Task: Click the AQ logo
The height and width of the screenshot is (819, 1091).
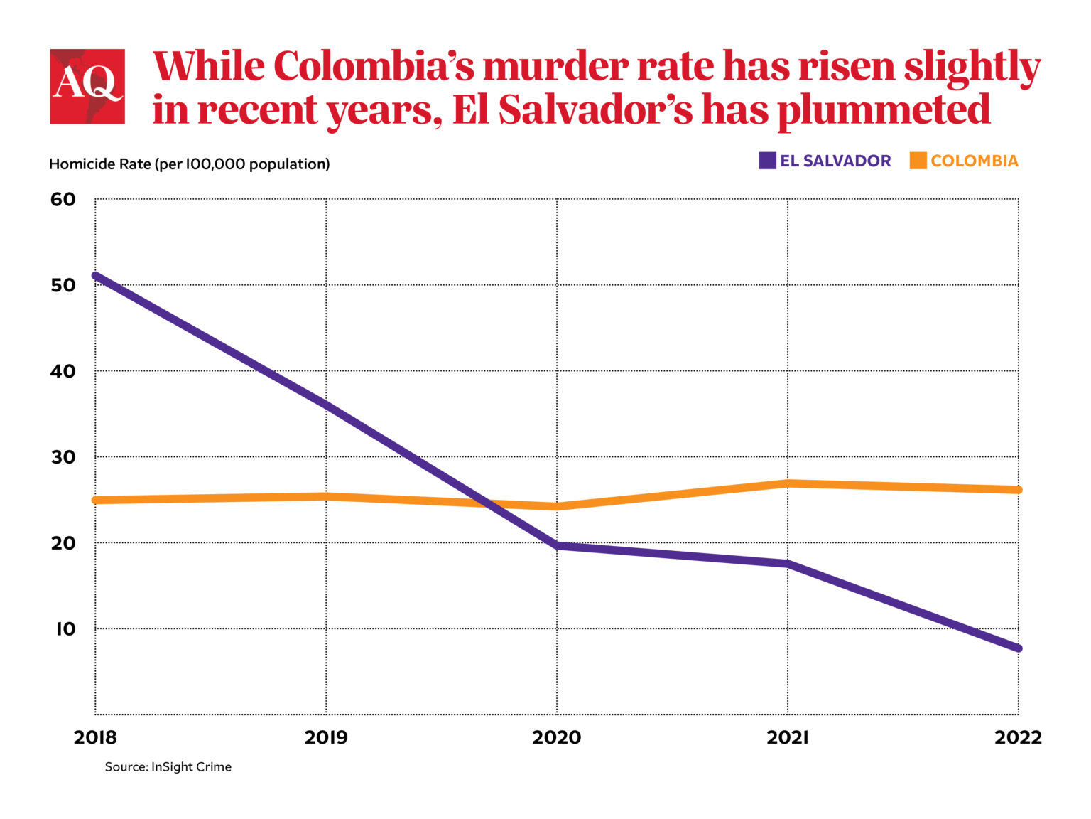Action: pyautogui.click(x=87, y=87)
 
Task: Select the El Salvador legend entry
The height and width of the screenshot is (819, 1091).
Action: pyautogui.click(x=825, y=161)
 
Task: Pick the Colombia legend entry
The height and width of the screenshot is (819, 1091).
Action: pyautogui.click(x=964, y=161)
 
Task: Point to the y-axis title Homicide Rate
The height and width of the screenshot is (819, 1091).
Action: pyautogui.click(x=189, y=164)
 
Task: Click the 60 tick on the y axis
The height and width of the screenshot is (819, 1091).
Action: pyautogui.click(x=63, y=199)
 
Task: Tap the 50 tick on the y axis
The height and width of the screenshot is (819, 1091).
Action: pyautogui.click(x=63, y=285)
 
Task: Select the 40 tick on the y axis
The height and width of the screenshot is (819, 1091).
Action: pyautogui.click(x=63, y=371)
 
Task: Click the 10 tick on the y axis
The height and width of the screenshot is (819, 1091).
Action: pyautogui.click(x=65, y=629)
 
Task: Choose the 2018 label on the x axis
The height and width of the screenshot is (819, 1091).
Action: pyautogui.click(x=95, y=737)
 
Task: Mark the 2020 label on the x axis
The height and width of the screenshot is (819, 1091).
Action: pyautogui.click(x=557, y=737)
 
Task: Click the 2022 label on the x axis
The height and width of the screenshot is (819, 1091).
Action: pyautogui.click(x=1018, y=737)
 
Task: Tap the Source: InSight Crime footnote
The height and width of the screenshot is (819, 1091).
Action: pyautogui.click(x=168, y=767)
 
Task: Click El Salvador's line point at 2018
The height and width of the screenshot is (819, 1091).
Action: pyautogui.click(x=96, y=275)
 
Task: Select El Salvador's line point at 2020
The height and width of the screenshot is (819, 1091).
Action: pyautogui.click(x=557, y=546)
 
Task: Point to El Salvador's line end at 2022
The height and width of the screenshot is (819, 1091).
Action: pyautogui.click(x=1017, y=648)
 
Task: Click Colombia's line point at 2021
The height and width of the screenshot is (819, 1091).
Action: pyautogui.click(x=788, y=483)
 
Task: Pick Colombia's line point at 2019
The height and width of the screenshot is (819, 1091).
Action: pyautogui.click(x=326, y=496)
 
